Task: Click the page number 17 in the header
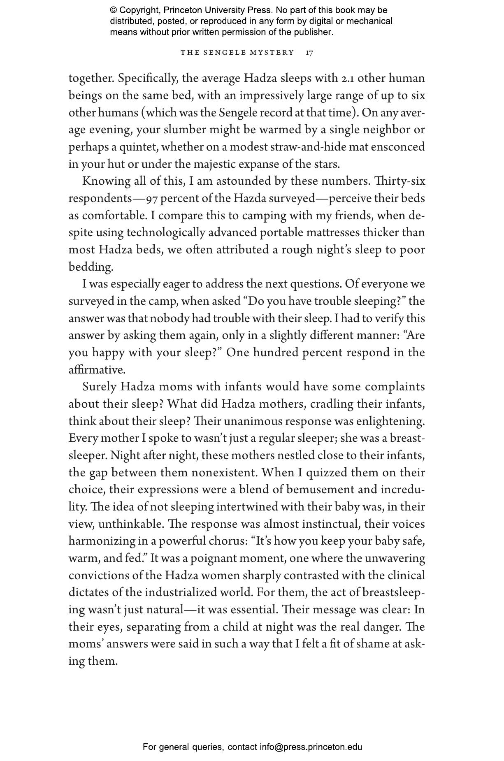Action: pos(309,53)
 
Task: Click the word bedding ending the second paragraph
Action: pos(90,267)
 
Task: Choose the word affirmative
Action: pos(97,370)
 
